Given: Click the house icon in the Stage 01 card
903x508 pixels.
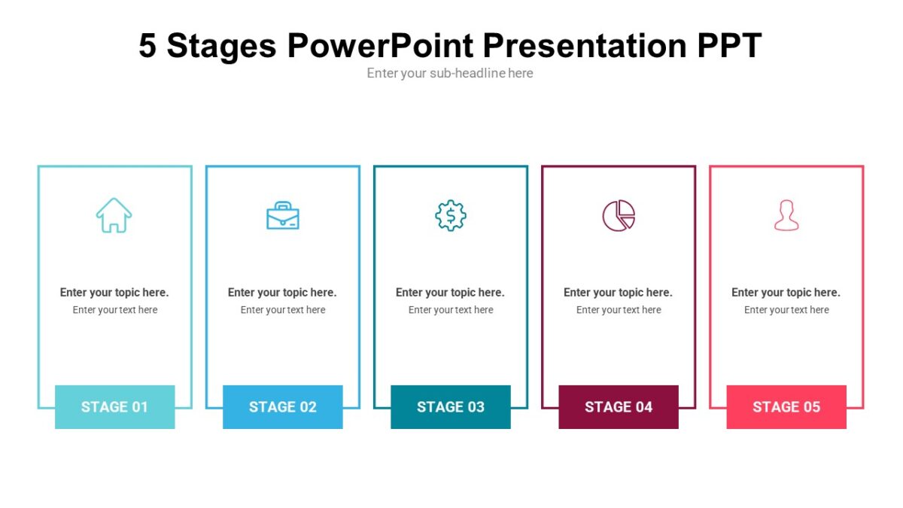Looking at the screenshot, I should pyautogui.click(x=114, y=215).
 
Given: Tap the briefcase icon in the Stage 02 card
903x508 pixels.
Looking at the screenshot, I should pyautogui.click(x=283, y=216).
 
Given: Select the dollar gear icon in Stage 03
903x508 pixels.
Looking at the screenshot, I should pyautogui.click(x=451, y=216).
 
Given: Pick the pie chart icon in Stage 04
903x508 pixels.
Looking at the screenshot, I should pyautogui.click(x=619, y=216).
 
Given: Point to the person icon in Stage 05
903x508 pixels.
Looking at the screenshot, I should pyautogui.click(x=786, y=216).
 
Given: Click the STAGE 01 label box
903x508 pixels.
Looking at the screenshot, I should pyautogui.click(x=114, y=407).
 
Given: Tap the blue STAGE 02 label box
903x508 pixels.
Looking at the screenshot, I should pyautogui.click(x=282, y=407).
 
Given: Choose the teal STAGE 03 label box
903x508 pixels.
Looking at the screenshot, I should pyautogui.click(x=450, y=407).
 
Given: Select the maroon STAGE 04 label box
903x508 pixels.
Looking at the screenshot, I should pyautogui.click(x=618, y=407).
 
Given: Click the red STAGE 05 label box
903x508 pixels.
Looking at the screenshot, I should pyautogui.click(x=786, y=407).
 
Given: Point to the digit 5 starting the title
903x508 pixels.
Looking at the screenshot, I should pyautogui.click(x=147, y=46).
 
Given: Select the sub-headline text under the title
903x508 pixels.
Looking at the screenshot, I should pyautogui.click(x=450, y=73).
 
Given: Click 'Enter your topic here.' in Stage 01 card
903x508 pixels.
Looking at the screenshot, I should pyautogui.click(x=114, y=293).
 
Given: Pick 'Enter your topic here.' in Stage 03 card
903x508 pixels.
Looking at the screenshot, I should pyautogui.click(x=450, y=293).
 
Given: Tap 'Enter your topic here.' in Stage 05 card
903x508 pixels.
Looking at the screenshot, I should pyautogui.click(x=786, y=293).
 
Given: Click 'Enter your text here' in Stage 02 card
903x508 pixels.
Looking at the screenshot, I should pyautogui.click(x=283, y=310).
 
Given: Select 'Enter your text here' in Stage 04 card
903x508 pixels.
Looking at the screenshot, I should pyautogui.click(x=619, y=310).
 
